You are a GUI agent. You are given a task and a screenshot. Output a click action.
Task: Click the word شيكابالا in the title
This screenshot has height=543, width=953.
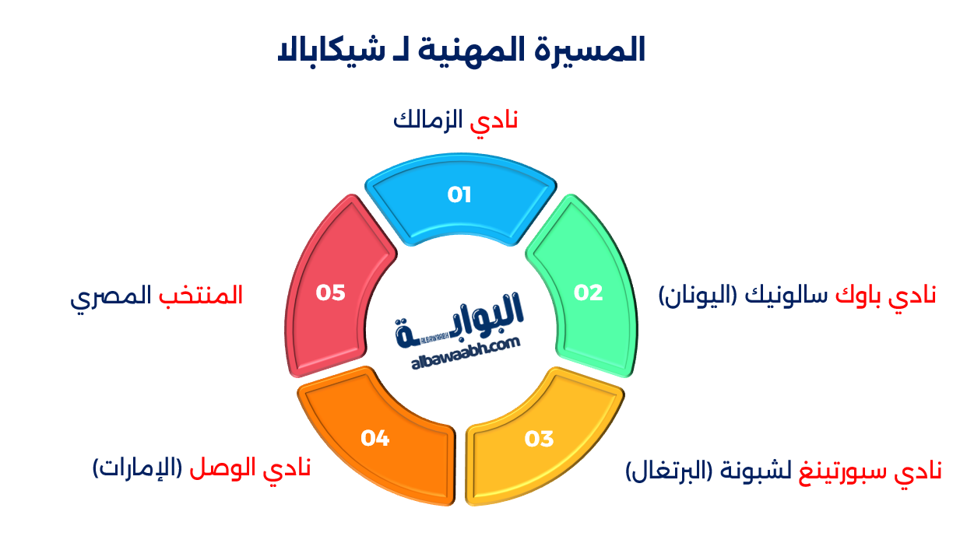click(332, 52)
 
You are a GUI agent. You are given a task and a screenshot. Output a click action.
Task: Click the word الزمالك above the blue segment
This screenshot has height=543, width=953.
click(428, 120)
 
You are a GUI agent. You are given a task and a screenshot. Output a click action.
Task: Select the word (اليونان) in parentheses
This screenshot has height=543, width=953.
click(698, 295)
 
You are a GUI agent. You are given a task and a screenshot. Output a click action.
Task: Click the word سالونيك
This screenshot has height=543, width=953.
click(786, 295)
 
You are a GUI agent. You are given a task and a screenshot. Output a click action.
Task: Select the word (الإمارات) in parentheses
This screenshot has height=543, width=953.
click(137, 468)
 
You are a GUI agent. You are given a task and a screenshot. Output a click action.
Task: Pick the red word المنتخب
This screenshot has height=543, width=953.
click(201, 295)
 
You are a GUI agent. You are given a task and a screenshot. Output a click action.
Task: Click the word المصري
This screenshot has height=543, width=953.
click(111, 296)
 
